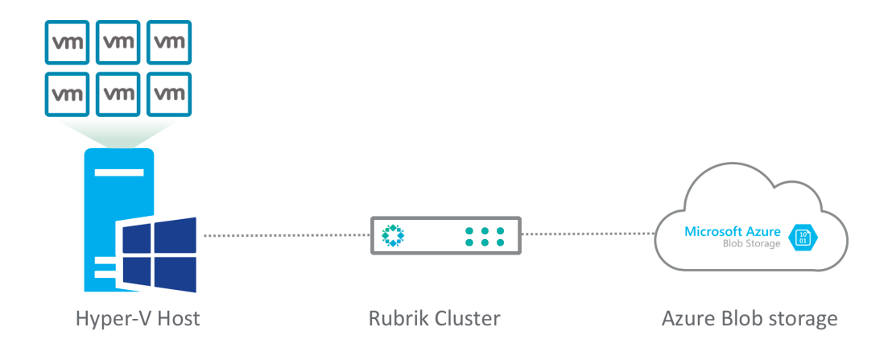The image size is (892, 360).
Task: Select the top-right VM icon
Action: [170, 41]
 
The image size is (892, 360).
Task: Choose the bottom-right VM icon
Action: [170, 93]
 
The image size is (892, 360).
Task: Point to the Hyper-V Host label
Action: [137, 319]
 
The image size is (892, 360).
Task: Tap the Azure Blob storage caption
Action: [749, 319]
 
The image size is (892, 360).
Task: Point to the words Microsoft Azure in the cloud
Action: [733, 231]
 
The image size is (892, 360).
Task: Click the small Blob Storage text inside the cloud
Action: [751, 244]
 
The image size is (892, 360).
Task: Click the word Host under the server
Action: [179, 319]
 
